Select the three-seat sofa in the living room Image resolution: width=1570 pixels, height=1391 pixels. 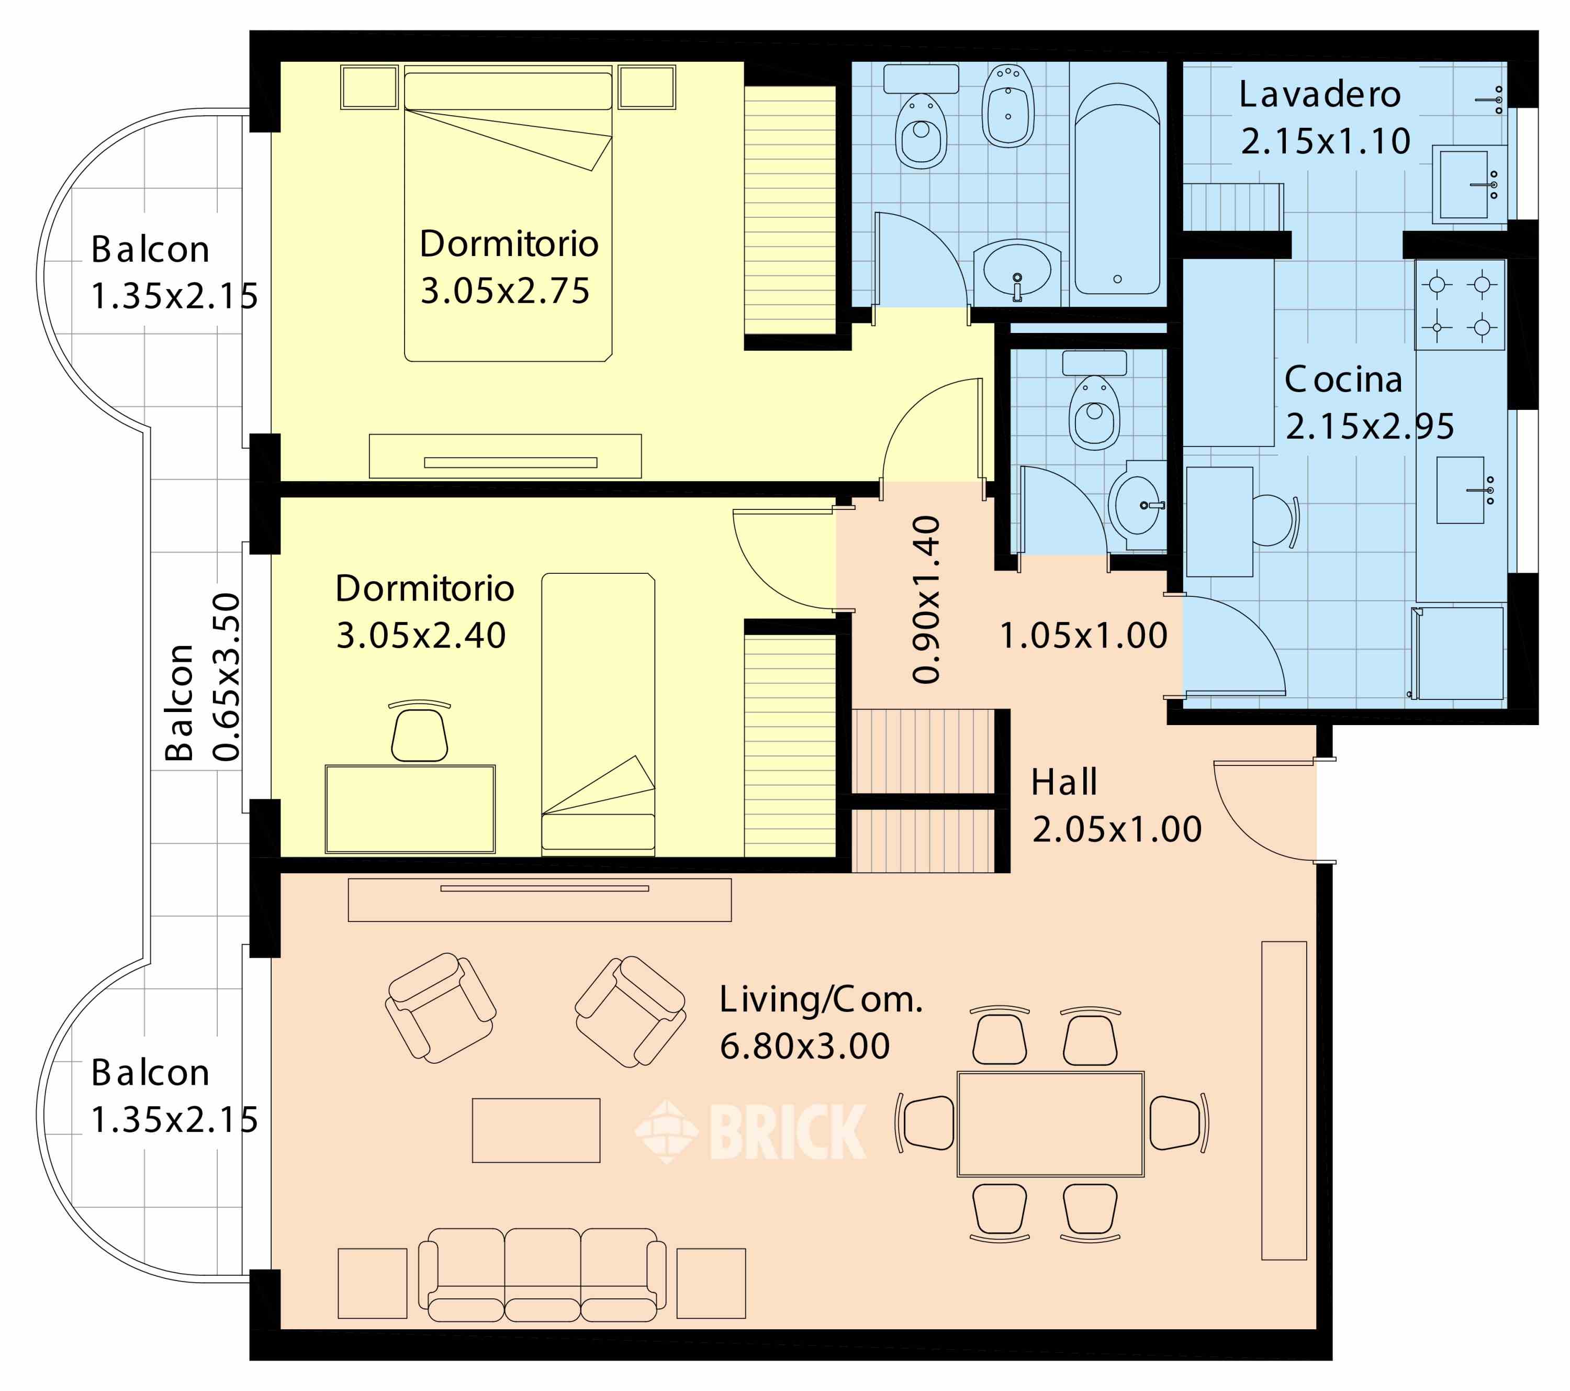tap(542, 1274)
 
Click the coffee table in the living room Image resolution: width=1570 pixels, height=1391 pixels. tap(536, 1130)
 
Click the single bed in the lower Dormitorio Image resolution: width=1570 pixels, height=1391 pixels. tap(598, 714)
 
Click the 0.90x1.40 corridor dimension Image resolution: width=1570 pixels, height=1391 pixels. tap(926, 599)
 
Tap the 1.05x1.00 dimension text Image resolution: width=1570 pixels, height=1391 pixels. tap(1083, 636)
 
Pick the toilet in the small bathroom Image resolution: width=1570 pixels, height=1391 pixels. tap(1094, 402)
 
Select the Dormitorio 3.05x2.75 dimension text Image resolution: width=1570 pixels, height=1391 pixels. tap(504, 291)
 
